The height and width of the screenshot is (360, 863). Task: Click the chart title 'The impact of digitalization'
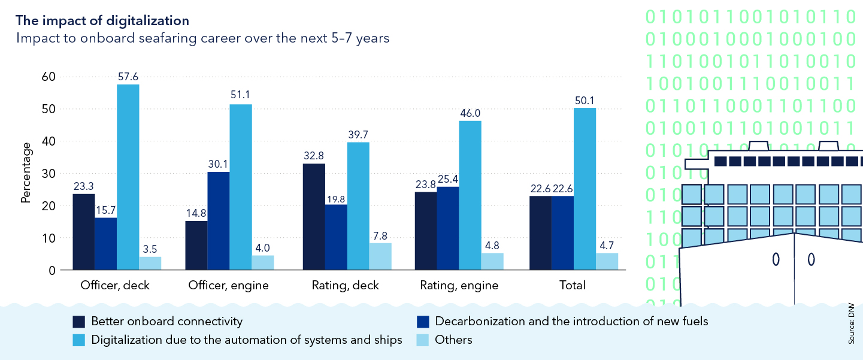tap(102, 20)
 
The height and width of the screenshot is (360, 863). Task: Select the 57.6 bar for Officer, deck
tap(128, 177)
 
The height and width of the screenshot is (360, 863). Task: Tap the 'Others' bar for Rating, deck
tap(380, 256)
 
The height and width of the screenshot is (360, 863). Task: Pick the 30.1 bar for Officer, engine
tap(219, 221)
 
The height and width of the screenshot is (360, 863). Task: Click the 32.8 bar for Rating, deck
tap(314, 217)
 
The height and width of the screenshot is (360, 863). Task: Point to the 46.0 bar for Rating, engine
tap(470, 195)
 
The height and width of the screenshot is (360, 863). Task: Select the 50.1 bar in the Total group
tap(585, 189)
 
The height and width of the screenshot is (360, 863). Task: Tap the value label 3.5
tap(150, 247)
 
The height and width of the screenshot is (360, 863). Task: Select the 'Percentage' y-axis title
tap(25, 173)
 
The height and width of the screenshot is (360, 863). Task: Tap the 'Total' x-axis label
tap(573, 286)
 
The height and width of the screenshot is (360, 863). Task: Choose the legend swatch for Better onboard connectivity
tap(79, 322)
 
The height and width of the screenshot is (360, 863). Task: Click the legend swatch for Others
tap(423, 340)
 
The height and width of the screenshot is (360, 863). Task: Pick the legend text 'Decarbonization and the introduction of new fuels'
tap(571, 322)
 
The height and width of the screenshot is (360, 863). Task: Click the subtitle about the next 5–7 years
tap(203, 38)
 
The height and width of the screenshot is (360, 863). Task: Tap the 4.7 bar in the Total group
tap(607, 261)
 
